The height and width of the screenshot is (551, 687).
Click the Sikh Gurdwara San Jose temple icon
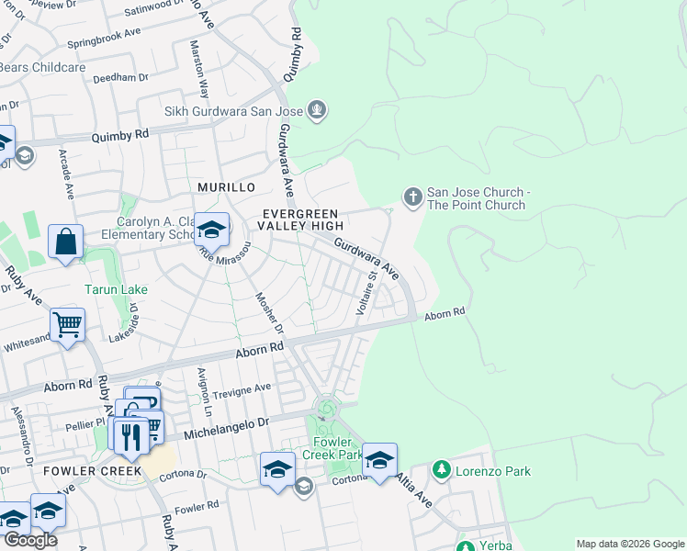tap(318, 111)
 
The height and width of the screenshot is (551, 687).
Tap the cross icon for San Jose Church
tap(412, 196)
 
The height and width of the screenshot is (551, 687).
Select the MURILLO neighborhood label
tap(226, 187)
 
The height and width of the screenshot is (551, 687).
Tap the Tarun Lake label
tap(116, 290)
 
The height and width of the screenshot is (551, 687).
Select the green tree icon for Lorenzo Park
tap(442, 470)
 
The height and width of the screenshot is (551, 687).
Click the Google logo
tap(30, 540)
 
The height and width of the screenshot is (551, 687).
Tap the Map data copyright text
tap(629, 544)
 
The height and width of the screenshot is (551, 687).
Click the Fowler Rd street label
tap(196, 506)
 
